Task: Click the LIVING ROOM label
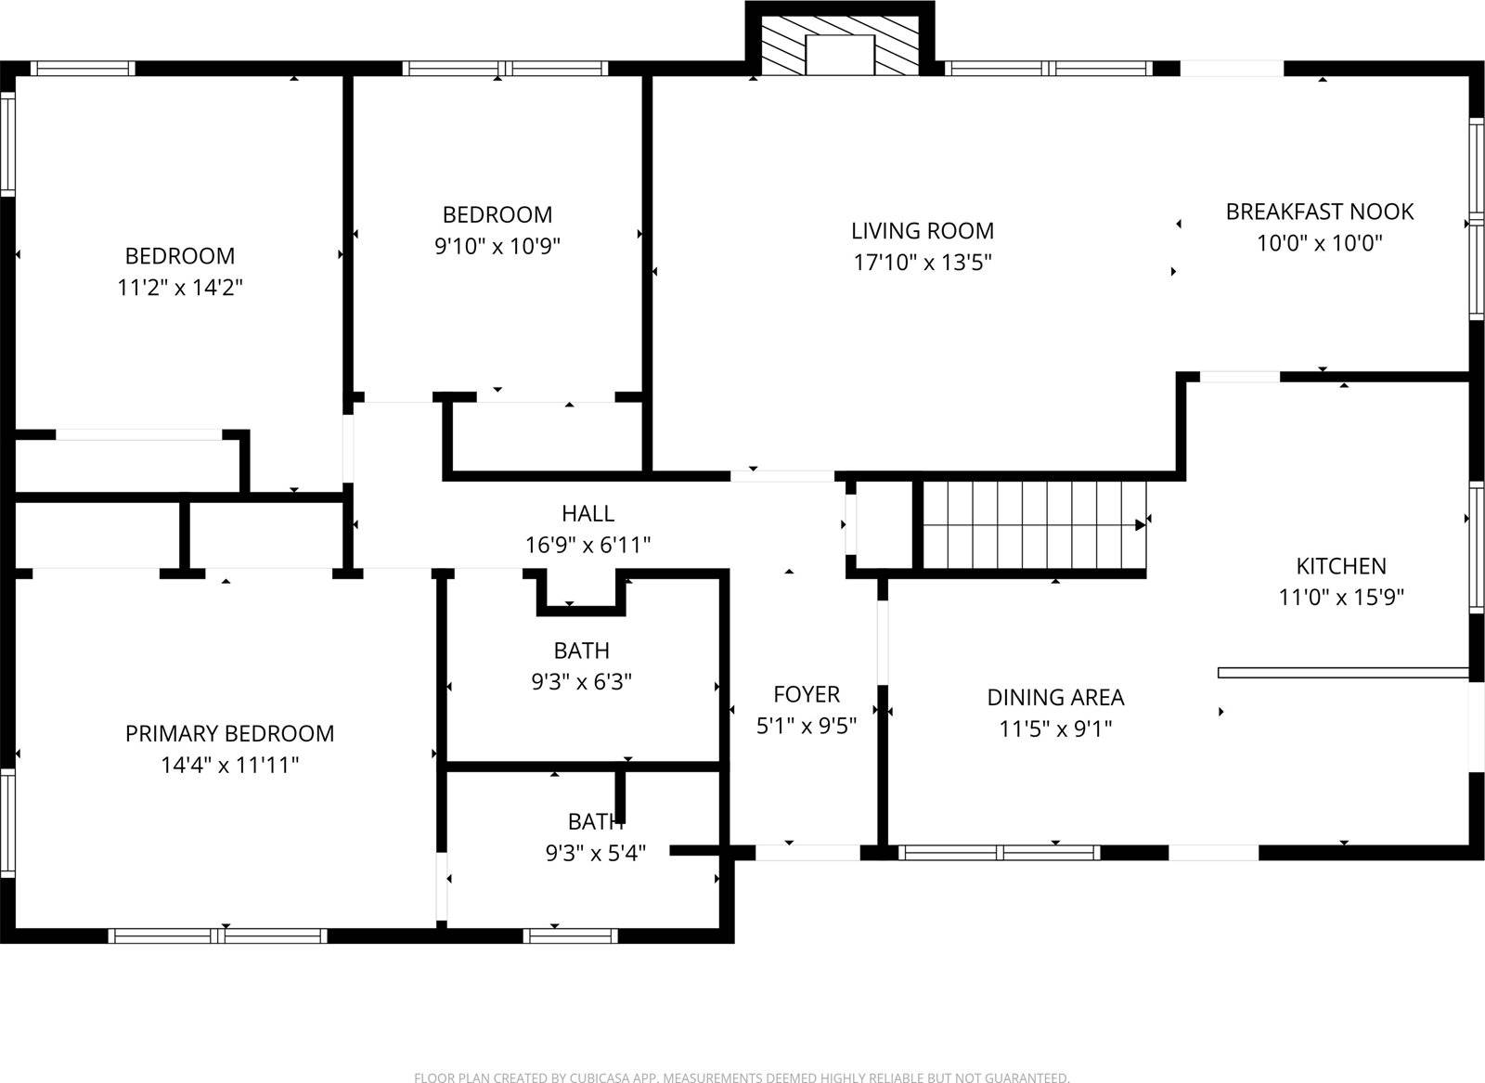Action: click(923, 230)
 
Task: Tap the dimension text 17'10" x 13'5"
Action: click(923, 263)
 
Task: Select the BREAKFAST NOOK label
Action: click(1319, 212)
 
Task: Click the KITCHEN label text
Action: click(1341, 566)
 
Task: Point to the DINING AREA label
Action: click(1055, 697)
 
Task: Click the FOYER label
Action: click(807, 694)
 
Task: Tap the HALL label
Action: click(588, 513)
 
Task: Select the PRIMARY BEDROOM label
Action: click(229, 733)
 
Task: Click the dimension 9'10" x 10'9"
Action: click(497, 247)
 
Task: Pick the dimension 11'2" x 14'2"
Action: click(180, 288)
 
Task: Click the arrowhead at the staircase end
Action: click(1140, 524)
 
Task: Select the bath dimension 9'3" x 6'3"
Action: click(582, 682)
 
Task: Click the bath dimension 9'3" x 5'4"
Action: click(596, 852)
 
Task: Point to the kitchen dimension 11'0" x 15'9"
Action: click(1341, 598)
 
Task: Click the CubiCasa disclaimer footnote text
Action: click(742, 1077)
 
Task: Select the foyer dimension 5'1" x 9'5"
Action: click(807, 726)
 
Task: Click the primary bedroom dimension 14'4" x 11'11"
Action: click(229, 766)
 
